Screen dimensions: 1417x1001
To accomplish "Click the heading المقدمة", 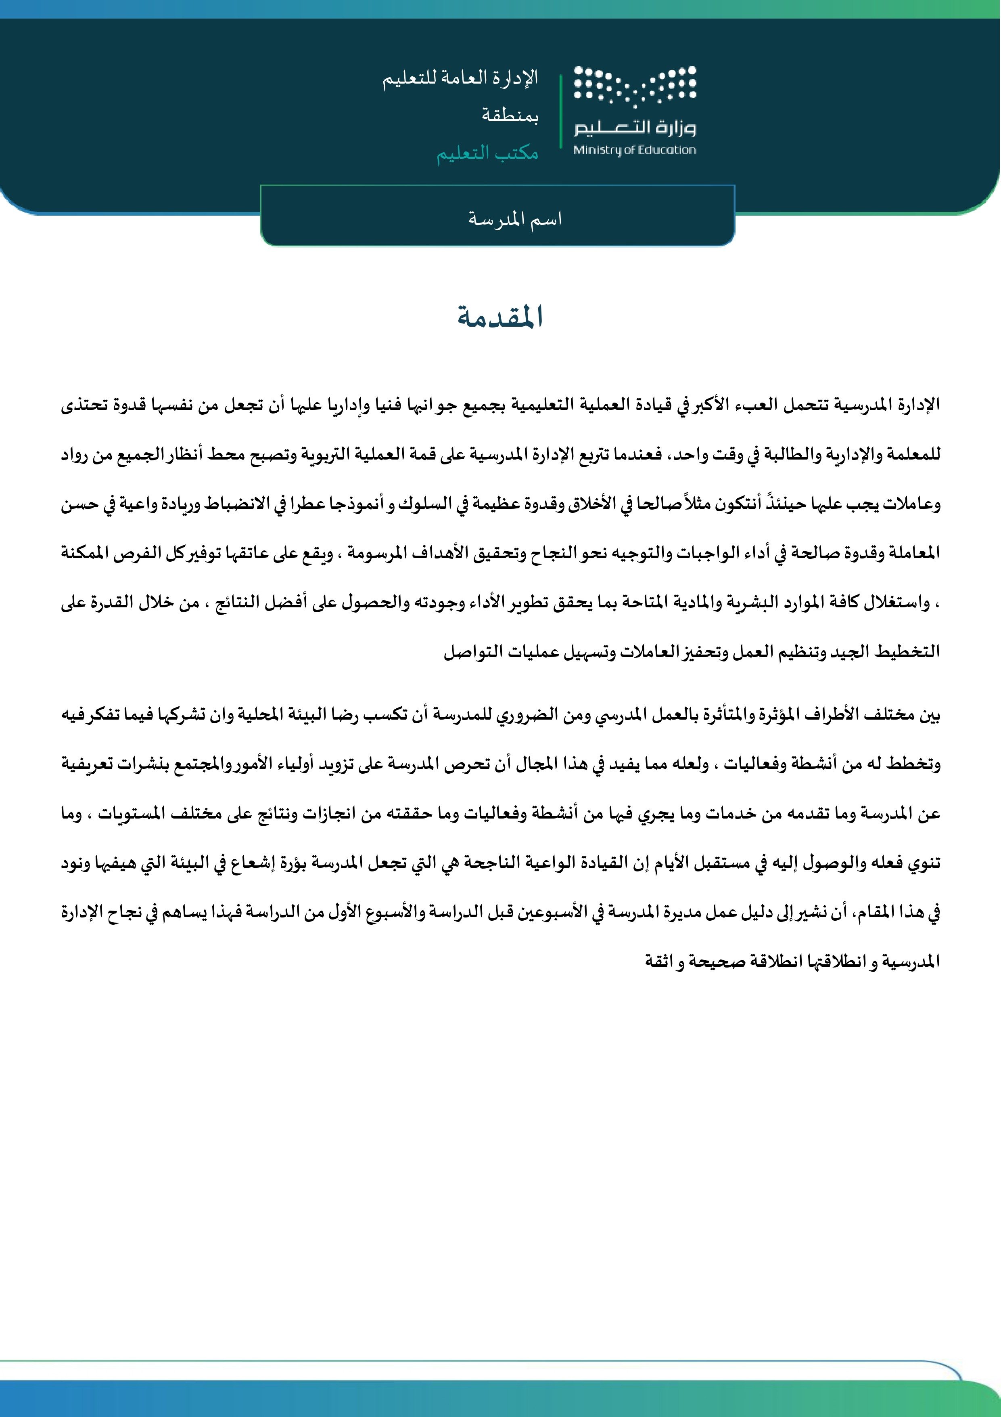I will pyautogui.click(x=500, y=317).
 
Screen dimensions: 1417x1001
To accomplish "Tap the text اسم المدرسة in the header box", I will pyautogui.click(x=514, y=219).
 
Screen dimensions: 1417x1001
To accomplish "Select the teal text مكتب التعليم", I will pyautogui.click(x=487, y=153).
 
